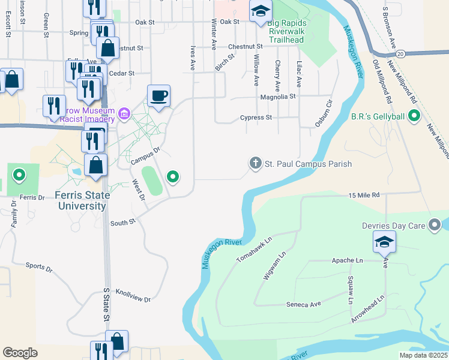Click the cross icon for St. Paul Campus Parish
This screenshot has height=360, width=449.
point(255,163)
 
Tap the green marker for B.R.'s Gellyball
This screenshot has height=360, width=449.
point(413,115)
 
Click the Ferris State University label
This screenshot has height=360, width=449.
point(82,200)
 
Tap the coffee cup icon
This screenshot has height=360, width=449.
point(158,96)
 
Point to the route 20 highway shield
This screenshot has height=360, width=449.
point(400,53)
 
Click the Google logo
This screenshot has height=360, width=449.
point(20,353)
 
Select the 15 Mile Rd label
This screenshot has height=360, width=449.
point(364,195)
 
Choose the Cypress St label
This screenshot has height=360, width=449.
point(256,118)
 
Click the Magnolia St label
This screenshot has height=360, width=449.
point(278,96)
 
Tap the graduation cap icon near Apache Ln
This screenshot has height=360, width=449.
point(384,242)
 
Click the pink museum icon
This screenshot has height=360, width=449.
point(125,113)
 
